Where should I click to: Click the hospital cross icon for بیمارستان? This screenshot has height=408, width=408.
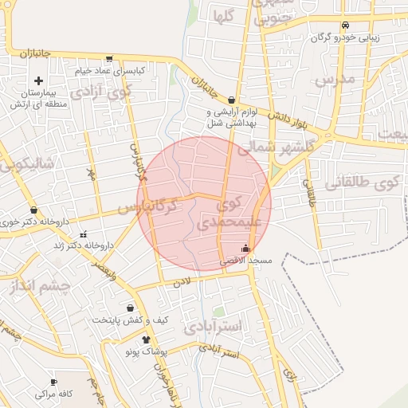click(x=38, y=80)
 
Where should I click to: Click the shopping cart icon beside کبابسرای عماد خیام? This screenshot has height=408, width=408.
click(x=108, y=58)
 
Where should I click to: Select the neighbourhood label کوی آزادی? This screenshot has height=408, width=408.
click(x=100, y=91)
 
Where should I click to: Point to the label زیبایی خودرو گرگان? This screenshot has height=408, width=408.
click(x=345, y=37)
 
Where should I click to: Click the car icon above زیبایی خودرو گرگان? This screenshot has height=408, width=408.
click(x=344, y=24)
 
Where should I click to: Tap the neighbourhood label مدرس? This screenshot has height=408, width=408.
click(x=333, y=80)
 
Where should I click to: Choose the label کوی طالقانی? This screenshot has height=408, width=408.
click(x=373, y=181)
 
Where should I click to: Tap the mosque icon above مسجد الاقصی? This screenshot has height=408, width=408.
click(x=245, y=248)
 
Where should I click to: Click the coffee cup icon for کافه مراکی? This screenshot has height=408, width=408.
click(x=53, y=382)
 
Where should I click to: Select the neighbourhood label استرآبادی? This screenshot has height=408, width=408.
click(x=212, y=327)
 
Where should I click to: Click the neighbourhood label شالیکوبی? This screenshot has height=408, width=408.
click(x=29, y=163)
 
